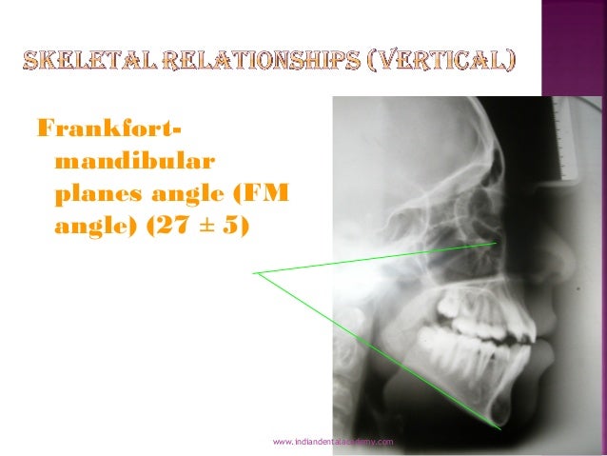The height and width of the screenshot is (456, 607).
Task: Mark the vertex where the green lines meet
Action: click(257, 273)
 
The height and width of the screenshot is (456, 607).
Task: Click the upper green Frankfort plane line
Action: click(381, 258)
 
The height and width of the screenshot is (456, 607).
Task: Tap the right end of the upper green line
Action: click(496, 244)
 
